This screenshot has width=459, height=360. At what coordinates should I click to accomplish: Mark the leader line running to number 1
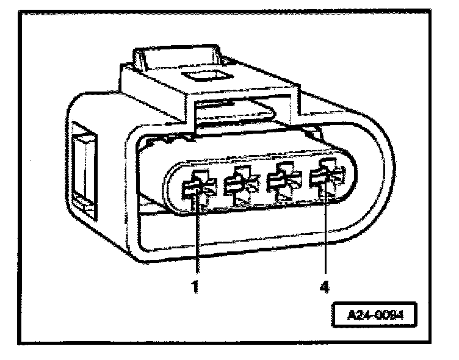pos(197,238)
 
